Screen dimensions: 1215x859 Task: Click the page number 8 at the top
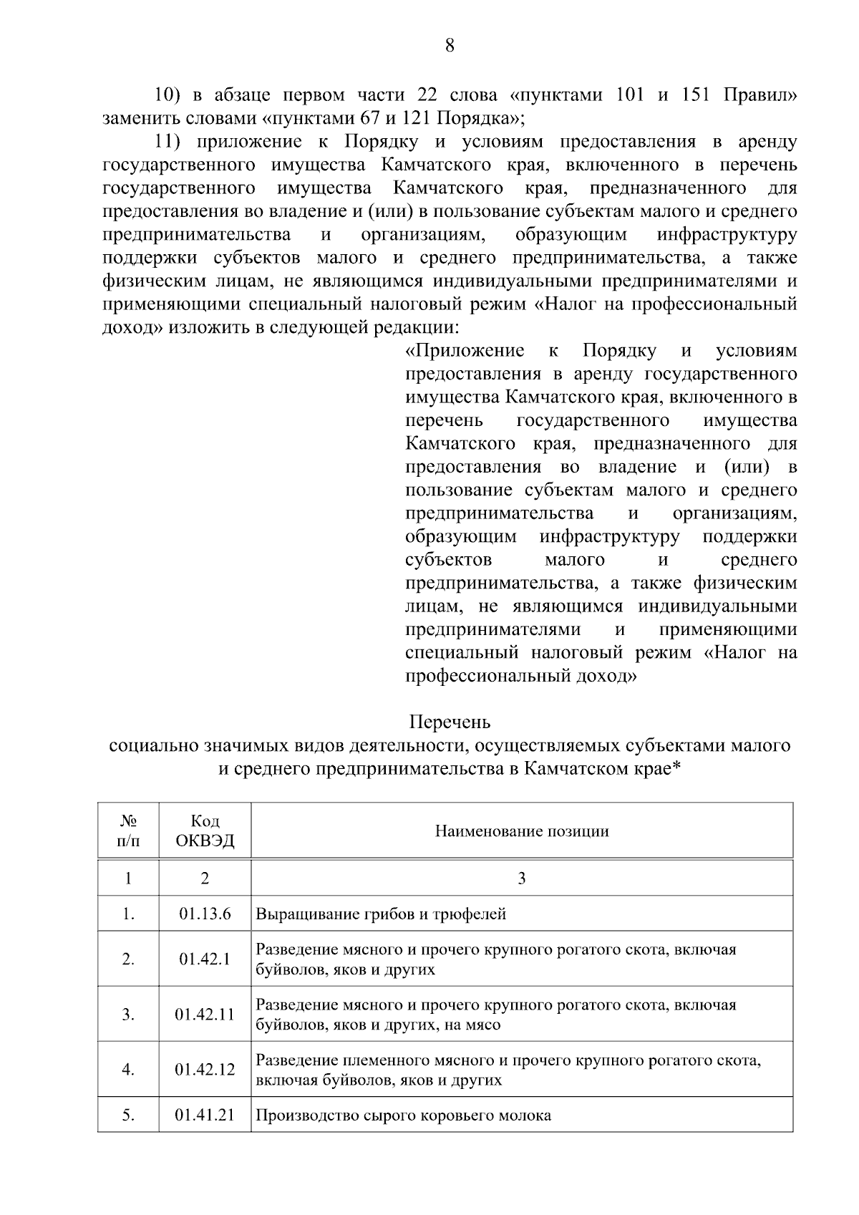click(x=450, y=47)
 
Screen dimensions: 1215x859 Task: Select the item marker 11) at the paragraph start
click(x=170, y=142)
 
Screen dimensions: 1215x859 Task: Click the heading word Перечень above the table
click(x=450, y=721)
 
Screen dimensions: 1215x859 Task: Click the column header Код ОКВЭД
click(x=205, y=831)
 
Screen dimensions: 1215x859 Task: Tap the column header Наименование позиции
click(x=522, y=831)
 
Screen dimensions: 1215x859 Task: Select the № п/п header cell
click(x=128, y=831)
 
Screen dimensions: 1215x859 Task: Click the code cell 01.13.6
click(x=205, y=914)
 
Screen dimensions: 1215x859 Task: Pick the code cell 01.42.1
click(x=205, y=959)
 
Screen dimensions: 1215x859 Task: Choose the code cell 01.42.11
click(x=205, y=1015)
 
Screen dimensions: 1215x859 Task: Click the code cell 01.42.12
click(x=205, y=1070)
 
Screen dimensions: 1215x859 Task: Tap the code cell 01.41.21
click(x=205, y=1115)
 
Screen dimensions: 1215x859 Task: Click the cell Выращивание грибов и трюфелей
click(x=381, y=914)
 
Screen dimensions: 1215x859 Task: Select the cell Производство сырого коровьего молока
click(x=404, y=1115)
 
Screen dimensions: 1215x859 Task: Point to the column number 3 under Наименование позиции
click(x=522, y=878)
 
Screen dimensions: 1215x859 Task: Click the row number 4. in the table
click(x=128, y=1070)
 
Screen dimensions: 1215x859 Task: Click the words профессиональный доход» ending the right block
click(x=520, y=676)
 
